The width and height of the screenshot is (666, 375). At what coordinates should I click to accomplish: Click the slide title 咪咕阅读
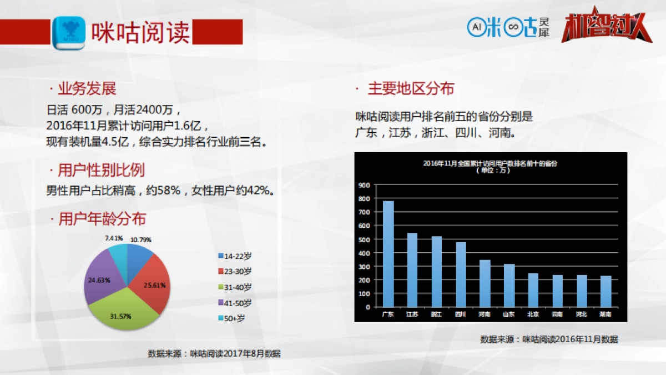click(140, 32)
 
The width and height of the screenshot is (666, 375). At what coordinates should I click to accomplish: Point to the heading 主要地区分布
click(411, 89)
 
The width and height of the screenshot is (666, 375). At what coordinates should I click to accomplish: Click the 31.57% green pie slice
click(124, 311)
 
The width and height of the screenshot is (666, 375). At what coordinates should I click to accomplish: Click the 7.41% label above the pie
click(114, 238)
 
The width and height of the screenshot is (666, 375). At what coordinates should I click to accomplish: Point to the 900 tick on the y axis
click(364, 185)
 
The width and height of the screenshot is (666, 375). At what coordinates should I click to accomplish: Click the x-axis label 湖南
click(606, 314)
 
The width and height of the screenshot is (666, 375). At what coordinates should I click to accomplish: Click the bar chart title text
click(490, 164)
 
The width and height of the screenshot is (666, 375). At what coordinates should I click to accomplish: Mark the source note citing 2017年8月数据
click(214, 353)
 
